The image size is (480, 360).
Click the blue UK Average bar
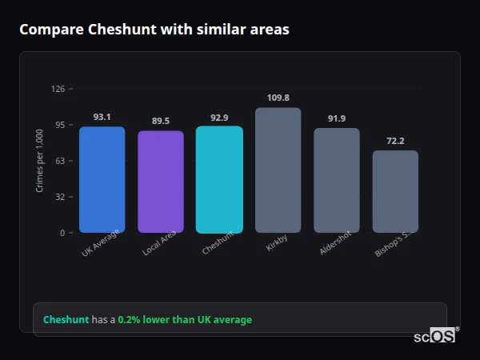point(102,180)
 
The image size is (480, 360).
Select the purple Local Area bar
point(161,182)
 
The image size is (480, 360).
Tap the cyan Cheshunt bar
point(219,180)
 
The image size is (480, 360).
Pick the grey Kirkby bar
point(278,170)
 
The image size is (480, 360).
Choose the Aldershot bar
point(337,181)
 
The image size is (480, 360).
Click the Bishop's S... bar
point(395,192)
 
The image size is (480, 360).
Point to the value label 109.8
point(278,98)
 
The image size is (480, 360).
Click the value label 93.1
point(102,117)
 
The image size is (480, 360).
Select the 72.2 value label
point(395,141)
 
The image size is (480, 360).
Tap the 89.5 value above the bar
point(161,121)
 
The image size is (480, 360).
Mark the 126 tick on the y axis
point(58,89)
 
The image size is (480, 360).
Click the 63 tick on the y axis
point(60,161)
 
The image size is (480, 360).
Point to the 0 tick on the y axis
point(62,233)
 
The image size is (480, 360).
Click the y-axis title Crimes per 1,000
point(40,160)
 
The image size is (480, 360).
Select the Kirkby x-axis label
point(277,243)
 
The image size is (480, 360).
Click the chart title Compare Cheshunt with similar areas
point(154,30)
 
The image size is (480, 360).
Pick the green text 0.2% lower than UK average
point(185,320)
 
